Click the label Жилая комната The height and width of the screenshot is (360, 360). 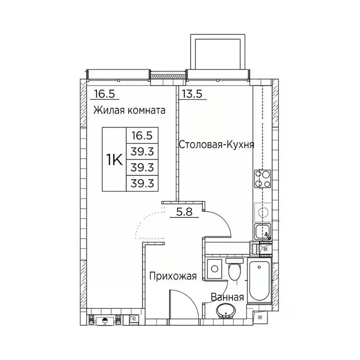point(129,111)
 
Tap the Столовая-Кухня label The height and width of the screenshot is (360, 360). point(217,145)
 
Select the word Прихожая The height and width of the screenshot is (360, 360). point(172,277)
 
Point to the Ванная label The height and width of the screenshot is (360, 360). point(227,297)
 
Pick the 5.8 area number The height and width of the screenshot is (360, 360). point(185,211)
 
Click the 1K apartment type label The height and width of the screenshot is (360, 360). point(114,159)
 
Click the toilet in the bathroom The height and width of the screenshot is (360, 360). point(233,270)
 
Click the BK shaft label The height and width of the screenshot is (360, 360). point(265,250)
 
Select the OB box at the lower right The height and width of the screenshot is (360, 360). point(260,319)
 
